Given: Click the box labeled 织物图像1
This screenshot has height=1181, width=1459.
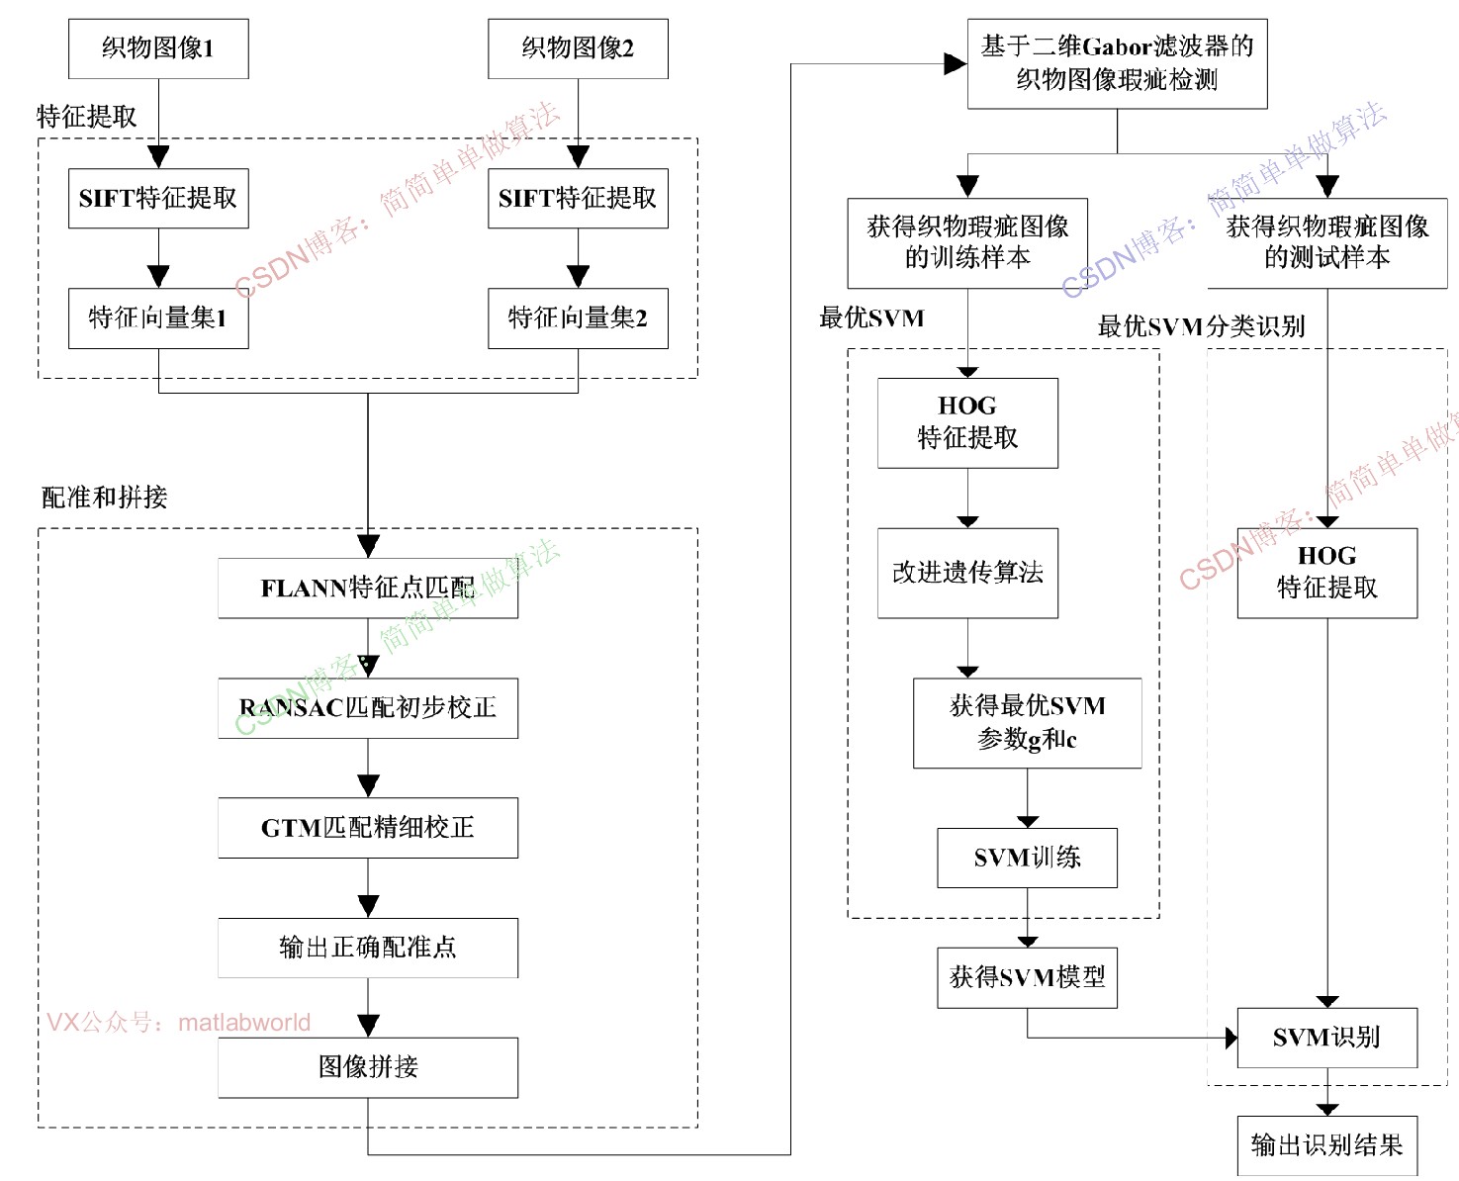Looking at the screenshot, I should pyautogui.click(x=158, y=48).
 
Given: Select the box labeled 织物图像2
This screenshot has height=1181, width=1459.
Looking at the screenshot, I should pyautogui.click(x=578, y=48).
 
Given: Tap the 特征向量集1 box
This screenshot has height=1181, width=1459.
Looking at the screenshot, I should pyautogui.click(x=158, y=318).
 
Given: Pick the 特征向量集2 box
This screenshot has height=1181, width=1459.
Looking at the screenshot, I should pyautogui.click(x=578, y=318).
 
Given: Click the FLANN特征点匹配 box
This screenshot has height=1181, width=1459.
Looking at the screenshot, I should pyautogui.click(x=368, y=589).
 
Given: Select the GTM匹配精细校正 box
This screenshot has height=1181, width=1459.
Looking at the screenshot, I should pyautogui.click(x=368, y=828).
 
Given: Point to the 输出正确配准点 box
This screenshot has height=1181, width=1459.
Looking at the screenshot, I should pyautogui.click(x=368, y=948).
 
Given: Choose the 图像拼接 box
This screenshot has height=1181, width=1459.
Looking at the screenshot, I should pyautogui.click(x=368, y=1067).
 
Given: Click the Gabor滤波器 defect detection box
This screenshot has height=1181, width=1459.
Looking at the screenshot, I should pyautogui.click(x=1117, y=63).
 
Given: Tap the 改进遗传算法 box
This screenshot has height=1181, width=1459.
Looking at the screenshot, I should pyautogui.click(x=967, y=573).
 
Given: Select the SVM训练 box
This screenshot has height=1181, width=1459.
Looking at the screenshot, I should pyautogui.click(x=1027, y=858).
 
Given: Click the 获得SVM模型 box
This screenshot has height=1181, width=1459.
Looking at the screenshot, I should pyautogui.click(x=1027, y=977).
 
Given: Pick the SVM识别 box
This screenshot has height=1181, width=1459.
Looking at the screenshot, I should pyautogui.click(x=1326, y=1038).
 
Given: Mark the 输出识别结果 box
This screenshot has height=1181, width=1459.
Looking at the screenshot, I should pyautogui.click(x=1326, y=1145).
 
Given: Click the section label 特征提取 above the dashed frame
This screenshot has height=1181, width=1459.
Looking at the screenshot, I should pyautogui.click(x=87, y=117).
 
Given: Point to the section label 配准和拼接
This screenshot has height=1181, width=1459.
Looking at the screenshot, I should pyautogui.click(x=105, y=497).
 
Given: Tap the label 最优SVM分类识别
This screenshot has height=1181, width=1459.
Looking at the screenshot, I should pyautogui.click(x=1201, y=326).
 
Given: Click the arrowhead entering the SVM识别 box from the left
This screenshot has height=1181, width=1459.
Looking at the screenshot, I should pyautogui.click(x=1231, y=1038).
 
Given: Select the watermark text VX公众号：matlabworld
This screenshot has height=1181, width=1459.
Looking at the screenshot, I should pyautogui.click(x=179, y=1022).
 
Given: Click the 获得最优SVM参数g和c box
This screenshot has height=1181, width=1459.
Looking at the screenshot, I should pyautogui.click(x=1027, y=722).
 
